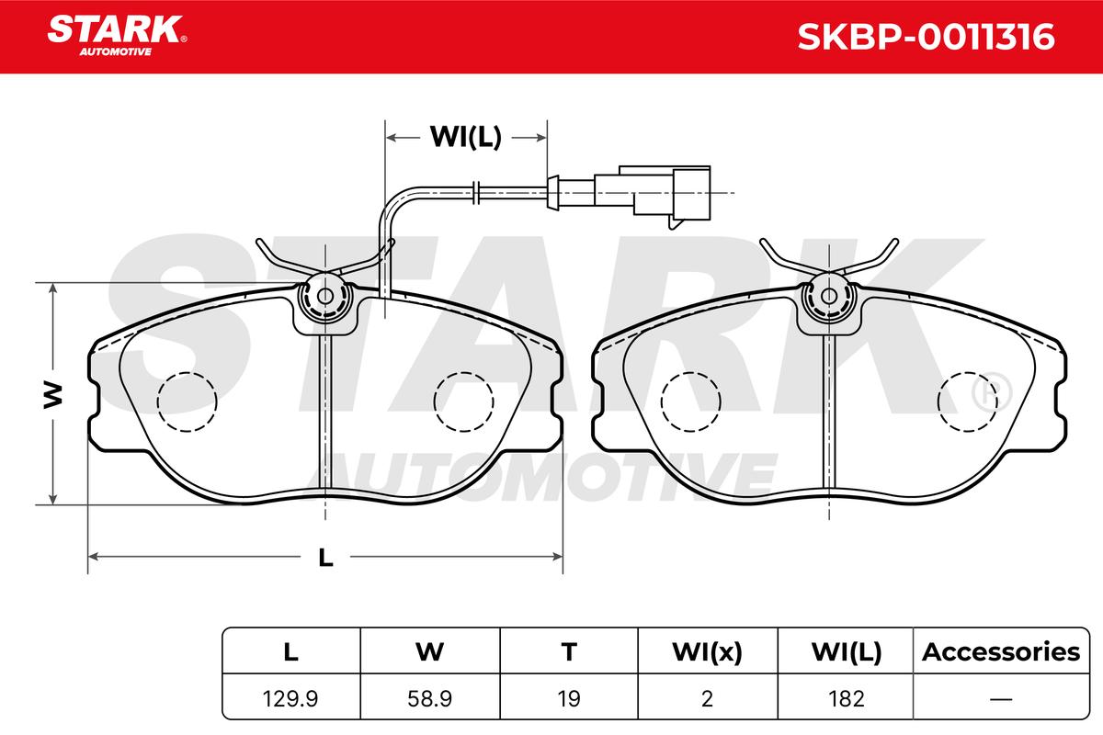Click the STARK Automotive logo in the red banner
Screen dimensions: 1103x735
tap(117, 36)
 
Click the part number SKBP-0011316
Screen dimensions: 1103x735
tap(926, 37)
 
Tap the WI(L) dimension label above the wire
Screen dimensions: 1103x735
tap(465, 137)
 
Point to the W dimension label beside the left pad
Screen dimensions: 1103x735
tap(53, 395)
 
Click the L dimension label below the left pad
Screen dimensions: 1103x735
tap(325, 558)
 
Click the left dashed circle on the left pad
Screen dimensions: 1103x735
tap(188, 401)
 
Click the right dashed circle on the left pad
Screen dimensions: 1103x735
tap(464, 401)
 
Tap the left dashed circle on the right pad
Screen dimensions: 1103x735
tap(691, 401)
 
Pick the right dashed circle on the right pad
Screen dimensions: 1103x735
tap(968, 401)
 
